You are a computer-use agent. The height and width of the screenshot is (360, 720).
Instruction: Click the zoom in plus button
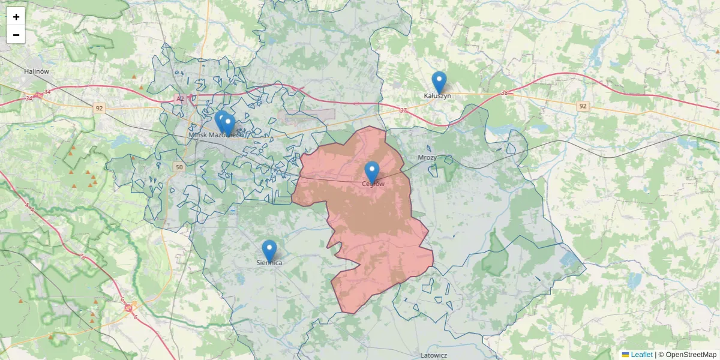coord(16,17)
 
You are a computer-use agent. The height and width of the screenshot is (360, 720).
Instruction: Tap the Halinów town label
coord(36,71)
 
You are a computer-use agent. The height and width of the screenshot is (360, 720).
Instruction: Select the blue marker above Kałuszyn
coord(439,82)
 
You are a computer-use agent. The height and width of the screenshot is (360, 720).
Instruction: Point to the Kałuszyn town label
coord(437,95)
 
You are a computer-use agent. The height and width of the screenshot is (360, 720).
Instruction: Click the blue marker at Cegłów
coord(372,172)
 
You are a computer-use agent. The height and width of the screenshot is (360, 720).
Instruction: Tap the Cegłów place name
coord(373,184)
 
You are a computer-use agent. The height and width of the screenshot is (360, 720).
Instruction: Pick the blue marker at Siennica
coord(269,250)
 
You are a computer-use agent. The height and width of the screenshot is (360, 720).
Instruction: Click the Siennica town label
coord(269,263)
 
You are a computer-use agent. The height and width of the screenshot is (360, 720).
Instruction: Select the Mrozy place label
coord(427,157)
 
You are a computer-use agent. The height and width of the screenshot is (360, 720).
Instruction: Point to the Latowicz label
coord(434,355)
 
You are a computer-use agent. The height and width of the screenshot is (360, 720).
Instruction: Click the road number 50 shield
coord(178,167)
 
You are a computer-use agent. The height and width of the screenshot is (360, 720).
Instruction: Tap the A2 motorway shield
coord(180,98)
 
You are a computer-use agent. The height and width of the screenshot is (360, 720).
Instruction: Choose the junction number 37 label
coord(403,110)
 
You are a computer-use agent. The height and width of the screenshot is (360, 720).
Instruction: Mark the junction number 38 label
coord(504,93)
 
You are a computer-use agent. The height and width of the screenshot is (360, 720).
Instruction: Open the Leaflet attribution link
coord(641,355)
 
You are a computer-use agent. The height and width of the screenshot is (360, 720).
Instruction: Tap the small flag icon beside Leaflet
coord(625,355)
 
